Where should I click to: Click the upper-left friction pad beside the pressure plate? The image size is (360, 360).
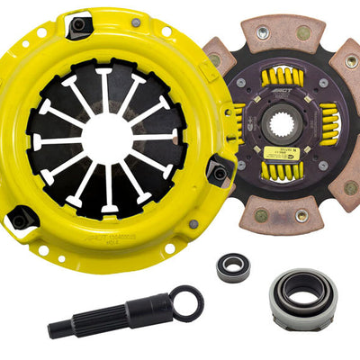pos(219,63)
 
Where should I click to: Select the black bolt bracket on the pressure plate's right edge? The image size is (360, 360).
pos(218,169)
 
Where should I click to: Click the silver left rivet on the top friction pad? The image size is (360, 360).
pos(262,32)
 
